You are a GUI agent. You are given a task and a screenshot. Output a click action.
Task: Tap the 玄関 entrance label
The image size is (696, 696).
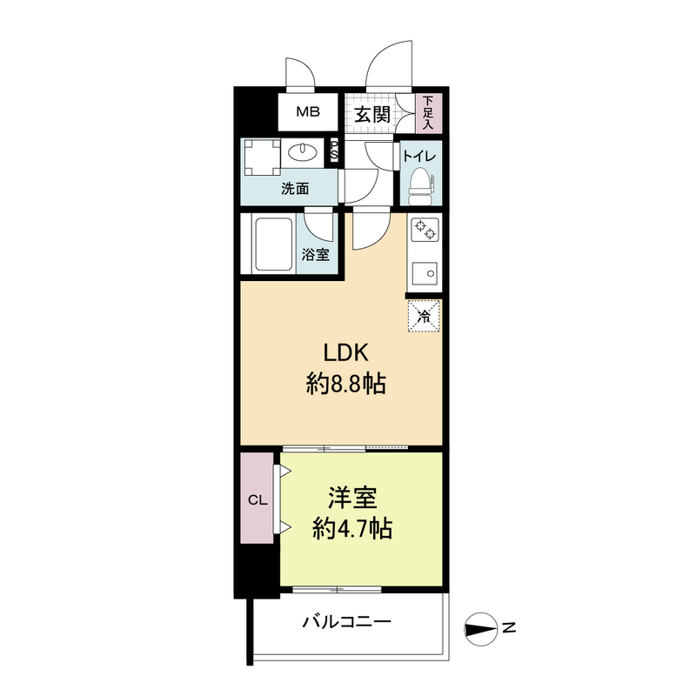[x=371, y=114]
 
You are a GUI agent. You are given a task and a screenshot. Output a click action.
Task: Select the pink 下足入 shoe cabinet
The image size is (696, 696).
[x=428, y=113]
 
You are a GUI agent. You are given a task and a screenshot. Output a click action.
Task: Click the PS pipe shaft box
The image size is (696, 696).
[x=333, y=151]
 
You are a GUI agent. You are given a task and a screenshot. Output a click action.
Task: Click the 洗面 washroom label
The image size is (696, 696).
[x=294, y=188]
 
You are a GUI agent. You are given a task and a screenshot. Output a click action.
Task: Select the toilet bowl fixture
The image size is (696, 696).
[x=421, y=184]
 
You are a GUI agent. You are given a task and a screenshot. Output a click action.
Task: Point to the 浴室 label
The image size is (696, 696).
[x=315, y=255]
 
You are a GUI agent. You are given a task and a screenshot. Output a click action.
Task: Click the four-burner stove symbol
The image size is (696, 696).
[x=425, y=229]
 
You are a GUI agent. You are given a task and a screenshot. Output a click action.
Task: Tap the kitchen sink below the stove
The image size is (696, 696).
[x=425, y=274]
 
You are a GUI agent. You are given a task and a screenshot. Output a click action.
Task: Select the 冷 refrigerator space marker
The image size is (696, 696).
[x=425, y=315]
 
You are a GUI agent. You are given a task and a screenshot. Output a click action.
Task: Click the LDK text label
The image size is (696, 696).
[x=347, y=353]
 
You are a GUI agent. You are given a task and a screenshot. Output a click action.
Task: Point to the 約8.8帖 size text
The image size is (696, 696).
[x=347, y=384]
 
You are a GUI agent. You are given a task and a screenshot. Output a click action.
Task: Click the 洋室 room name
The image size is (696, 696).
[x=351, y=499]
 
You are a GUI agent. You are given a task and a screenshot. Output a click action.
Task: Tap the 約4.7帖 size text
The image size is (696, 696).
[x=351, y=527]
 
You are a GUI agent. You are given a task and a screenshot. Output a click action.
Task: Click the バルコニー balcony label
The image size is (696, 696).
[x=347, y=623]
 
